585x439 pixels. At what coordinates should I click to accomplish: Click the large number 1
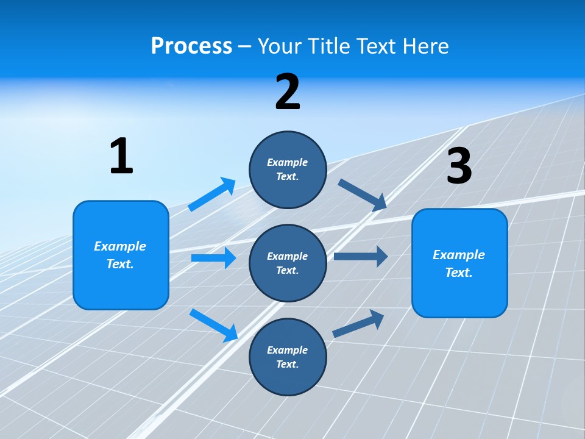pos(121,156)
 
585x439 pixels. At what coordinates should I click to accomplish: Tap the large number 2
pos(288,92)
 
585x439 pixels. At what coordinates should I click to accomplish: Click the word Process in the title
pos(191,46)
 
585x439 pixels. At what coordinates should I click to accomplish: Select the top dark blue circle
pos(288,170)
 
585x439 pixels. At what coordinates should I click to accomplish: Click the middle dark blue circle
pos(288,263)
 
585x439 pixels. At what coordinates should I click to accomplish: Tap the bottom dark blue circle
pos(288,357)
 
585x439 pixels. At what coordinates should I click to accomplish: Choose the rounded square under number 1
pos(121,255)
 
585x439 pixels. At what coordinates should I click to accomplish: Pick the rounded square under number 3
pos(459,263)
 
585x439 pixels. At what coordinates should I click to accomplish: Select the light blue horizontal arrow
pos(213,258)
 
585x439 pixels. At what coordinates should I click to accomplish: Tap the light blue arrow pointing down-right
pos(214,325)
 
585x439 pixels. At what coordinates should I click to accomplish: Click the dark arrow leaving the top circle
pos(363,195)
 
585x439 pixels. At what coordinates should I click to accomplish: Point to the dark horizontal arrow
pos(361,256)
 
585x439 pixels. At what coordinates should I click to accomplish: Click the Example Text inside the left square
pos(120,255)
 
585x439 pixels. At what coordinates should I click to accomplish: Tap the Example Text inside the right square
pos(459,263)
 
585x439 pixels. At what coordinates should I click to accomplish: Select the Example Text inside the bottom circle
pos(287,357)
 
